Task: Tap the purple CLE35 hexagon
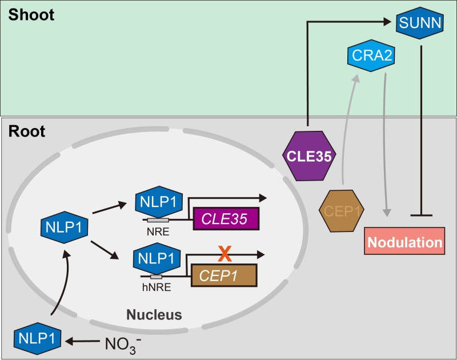pyautogui.click(x=308, y=156)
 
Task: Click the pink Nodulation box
pyautogui.click(x=405, y=242)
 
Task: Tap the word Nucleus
pyautogui.click(x=154, y=314)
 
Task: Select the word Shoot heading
pyautogui.click(x=31, y=14)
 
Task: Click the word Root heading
pyautogui.click(x=27, y=131)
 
